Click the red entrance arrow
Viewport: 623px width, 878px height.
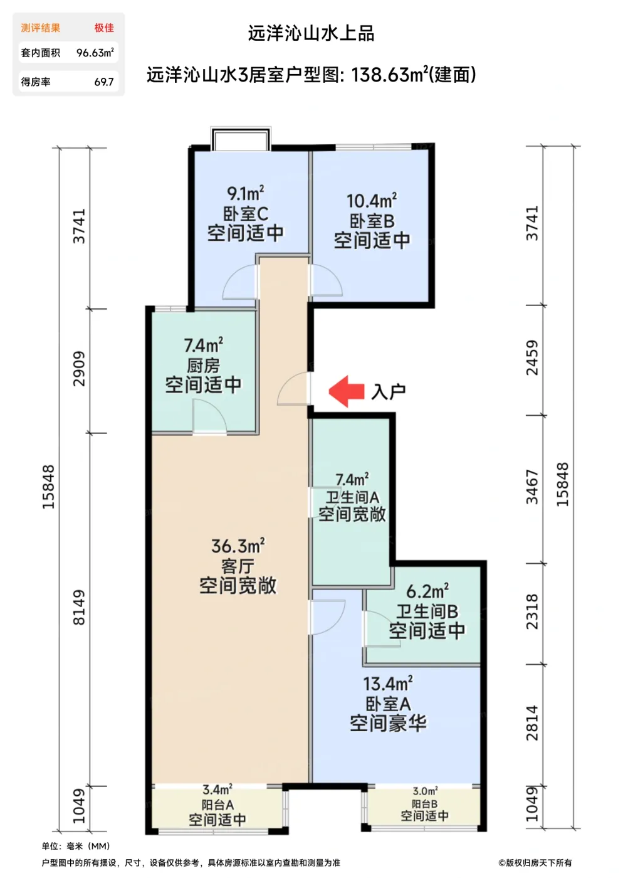(x=347, y=391)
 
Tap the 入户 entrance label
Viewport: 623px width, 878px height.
(x=389, y=392)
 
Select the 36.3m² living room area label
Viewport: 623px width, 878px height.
(x=238, y=546)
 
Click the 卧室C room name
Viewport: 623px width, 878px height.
(x=246, y=214)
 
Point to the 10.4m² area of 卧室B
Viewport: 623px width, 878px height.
(x=372, y=201)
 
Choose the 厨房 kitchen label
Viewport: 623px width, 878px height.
(x=203, y=365)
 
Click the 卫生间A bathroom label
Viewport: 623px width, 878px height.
(x=352, y=497)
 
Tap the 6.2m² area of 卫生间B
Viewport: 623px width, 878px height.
(x=427, y=591)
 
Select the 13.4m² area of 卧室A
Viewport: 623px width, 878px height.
(x=388, y=684)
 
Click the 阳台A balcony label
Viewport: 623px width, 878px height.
(x=217, y=805)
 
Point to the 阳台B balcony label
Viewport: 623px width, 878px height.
(x=424, y=804)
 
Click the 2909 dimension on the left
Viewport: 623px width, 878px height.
(x=79, y=369)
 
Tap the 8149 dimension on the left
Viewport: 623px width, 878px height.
(x=79, y=607)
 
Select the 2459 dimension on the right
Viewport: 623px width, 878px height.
(x=531, y=357)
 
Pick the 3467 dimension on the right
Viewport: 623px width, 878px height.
(x=531, y=487)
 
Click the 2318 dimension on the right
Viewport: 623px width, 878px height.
(x=531, y=612)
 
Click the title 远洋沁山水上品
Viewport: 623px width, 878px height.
(x=311, y=33)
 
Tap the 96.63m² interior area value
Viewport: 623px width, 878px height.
(x=95, y=53)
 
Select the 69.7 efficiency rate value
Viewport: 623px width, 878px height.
(x=103, y=82)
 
